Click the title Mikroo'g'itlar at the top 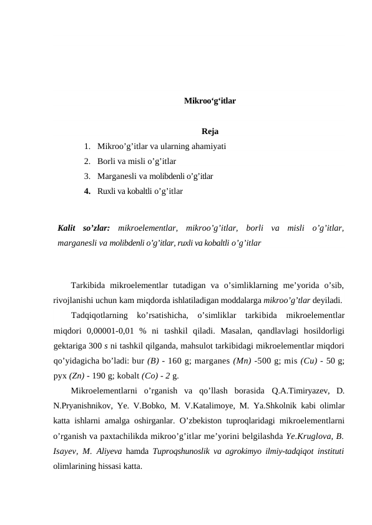pyautogui.click(x=210, y=100)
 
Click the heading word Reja pyautogui.click(x=210, y=132)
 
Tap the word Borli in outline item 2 pyautogui.click(x=107, y=161)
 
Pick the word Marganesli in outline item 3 pyautogui.click(x=117, y=176)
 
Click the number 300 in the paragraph pyautogui.click(x=95, y=345)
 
